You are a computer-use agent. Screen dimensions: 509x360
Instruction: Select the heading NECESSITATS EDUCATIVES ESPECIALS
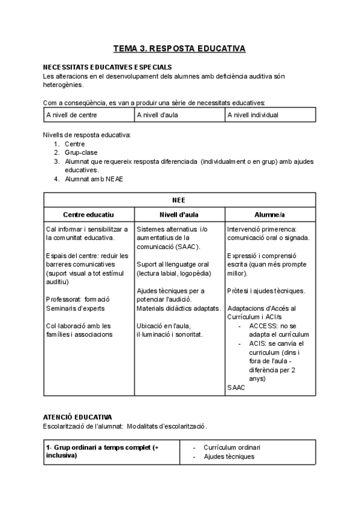107,67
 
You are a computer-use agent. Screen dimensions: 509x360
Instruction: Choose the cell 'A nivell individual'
253,115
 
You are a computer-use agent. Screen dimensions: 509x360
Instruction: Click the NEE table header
179,200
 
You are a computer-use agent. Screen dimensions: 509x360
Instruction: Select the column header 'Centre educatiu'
89,214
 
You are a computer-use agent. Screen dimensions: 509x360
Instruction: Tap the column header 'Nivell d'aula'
179,214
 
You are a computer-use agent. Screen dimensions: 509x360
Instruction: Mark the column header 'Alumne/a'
270,214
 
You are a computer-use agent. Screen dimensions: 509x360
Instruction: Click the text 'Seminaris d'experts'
75,308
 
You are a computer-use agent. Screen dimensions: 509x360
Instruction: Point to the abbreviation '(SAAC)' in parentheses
188,247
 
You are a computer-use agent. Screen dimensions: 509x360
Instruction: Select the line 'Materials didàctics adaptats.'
178,308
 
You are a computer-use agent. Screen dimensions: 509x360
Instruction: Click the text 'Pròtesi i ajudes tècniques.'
266,291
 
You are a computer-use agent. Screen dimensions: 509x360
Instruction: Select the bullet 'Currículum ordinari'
232,448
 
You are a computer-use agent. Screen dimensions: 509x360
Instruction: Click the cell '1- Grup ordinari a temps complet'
102,451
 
